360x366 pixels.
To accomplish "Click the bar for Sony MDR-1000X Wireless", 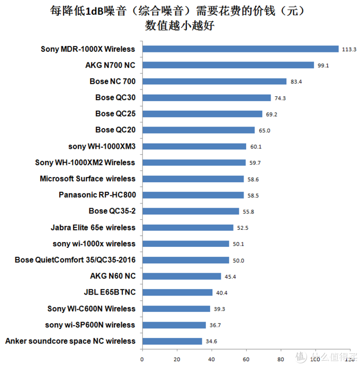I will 240,49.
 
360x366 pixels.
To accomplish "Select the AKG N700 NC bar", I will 228,65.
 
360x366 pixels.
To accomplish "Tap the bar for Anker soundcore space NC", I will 172,341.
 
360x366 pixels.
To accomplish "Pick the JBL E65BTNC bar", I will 177,292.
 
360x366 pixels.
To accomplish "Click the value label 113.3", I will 349,50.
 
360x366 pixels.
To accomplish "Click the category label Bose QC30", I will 115,97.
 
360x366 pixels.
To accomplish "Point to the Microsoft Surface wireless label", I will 87,178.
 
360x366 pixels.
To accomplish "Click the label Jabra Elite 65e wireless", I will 93,227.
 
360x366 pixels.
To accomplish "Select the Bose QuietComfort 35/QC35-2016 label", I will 75,260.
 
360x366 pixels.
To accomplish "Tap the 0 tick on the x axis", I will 142,359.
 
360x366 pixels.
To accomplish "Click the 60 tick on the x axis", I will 246,359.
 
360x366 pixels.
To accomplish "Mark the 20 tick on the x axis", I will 176,359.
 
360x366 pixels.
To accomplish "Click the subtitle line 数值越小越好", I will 179,25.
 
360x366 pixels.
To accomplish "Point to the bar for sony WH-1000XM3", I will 194,146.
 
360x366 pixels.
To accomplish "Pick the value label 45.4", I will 230,276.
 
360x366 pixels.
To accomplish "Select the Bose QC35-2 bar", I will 191,211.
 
